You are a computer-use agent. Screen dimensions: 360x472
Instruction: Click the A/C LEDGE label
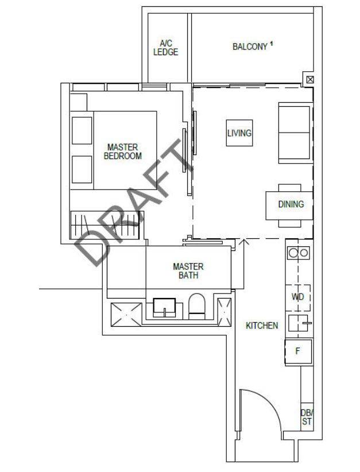pos(165,48)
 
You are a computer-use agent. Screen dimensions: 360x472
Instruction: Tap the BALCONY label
pos(250,47)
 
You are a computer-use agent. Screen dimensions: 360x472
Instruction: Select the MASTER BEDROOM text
pos(122,152)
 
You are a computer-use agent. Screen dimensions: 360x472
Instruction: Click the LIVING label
pos(239,133)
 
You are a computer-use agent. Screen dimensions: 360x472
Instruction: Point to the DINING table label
pos(291,204)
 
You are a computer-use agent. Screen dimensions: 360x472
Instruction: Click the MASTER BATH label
pos(188,270)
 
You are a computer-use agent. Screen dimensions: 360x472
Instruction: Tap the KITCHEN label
pos(262,326)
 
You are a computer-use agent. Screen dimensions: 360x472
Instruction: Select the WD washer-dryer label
pos(297,297)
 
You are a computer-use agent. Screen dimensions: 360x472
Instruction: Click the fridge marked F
pos(299,352)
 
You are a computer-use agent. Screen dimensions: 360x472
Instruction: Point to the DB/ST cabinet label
pos(307,417)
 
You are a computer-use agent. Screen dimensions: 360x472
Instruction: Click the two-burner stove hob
pos(299,253)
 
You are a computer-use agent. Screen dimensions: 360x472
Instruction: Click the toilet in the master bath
pos(196,306)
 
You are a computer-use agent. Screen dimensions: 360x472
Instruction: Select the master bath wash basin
pos(164,308)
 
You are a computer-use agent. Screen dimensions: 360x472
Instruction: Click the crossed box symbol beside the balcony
pos(310,79)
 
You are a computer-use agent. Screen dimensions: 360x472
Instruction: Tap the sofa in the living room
pos(296,133)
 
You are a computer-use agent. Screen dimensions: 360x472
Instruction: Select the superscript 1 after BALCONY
pos(271,44)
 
